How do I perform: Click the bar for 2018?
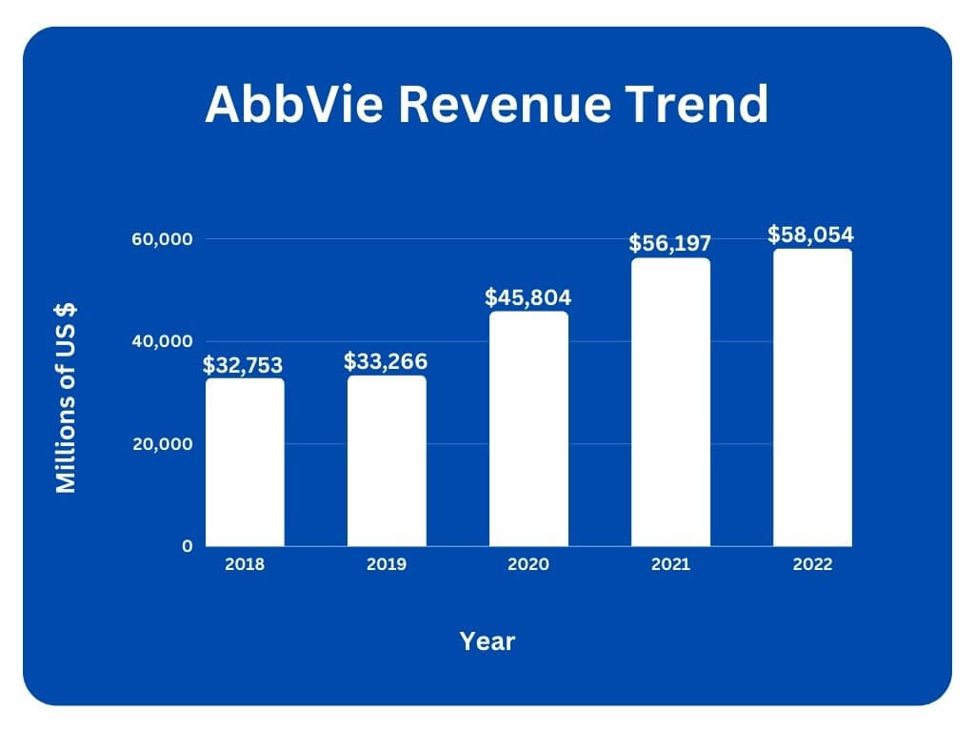(x=245, y=462)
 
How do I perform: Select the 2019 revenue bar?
(x=387, y=460)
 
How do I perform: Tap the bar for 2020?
(x=528, y=429)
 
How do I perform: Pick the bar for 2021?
(x=670, y=402)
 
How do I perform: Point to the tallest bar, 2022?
(x=812, y=397)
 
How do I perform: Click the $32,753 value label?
(x=243, y=365)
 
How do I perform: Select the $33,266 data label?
(x=386, y=361)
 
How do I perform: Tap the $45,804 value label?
(x=528, y=296)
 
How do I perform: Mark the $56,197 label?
(x=670, y=243)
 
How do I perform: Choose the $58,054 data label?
(x=811, y=234)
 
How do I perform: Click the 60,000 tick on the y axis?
(x=162, y=238)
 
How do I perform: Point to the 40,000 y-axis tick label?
(x=162, y=341)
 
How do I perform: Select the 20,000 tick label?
(x=162, y=444)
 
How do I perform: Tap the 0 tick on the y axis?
(x=188, y=546)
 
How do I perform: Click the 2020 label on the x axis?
(x=528, y=564)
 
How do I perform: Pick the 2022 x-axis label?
(x=812, y=564)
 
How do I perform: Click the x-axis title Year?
(x=487, y=641)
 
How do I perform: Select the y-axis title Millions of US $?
(x=66, y=397)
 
